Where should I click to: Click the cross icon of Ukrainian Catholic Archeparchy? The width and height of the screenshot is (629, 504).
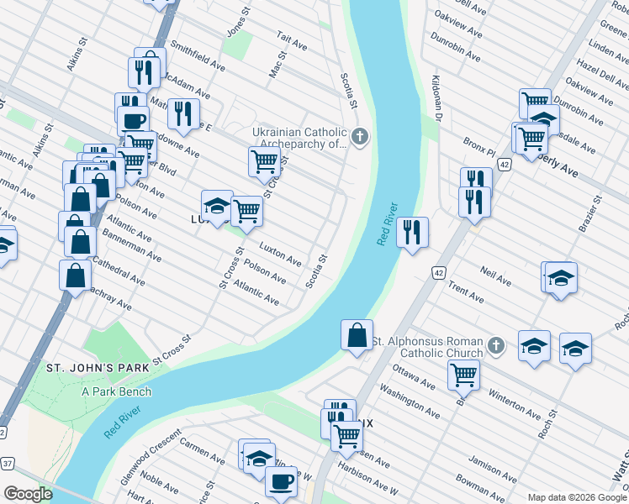(360, 136)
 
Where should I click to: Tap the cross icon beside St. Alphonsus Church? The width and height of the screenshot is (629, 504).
(496, 345)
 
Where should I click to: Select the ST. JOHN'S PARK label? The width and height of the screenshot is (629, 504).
(98, 368)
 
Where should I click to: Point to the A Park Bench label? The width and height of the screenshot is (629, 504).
(117, 391)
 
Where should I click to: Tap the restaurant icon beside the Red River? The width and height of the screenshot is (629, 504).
(411, 232)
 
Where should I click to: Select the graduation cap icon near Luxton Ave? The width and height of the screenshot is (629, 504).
(217, 205)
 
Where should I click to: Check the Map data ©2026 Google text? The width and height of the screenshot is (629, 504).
(576, 497)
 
